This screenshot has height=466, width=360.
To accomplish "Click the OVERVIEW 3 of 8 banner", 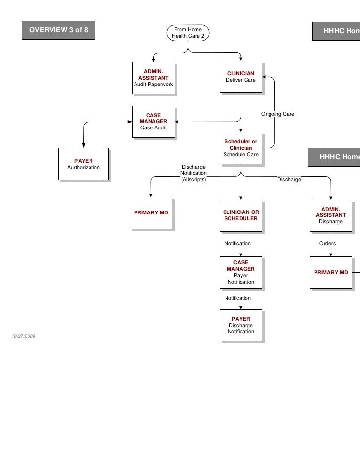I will [x=58, y=30].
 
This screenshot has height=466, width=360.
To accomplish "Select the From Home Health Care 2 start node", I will [x=188, y=33].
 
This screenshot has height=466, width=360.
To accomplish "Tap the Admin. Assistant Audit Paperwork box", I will [x=153, y=78].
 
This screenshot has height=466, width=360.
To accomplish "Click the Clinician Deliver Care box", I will [x=241, y=77].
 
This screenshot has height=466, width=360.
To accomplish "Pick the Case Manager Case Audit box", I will [x=153, y=122].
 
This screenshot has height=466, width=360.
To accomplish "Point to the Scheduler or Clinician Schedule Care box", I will [x=241, y=148].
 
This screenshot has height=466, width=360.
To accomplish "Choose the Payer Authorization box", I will [x=83, y=164].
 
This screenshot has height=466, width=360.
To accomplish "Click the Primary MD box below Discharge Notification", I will [x=151, y=212].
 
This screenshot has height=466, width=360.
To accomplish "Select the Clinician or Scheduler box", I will [x=241, y=215].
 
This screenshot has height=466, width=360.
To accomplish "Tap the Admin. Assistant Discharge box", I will [x=330, y=215].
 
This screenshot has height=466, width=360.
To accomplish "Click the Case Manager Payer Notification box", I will [x=241, y=272].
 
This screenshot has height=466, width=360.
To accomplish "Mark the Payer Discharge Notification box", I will [x=241, y=325].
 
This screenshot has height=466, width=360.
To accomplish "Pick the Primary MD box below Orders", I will [x=331, y=272].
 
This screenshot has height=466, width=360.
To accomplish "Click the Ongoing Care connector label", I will [x=277, y=114].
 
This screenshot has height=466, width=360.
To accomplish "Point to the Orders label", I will [x=327, y=244].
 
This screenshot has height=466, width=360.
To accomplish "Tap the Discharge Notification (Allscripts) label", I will [x=193, y=173].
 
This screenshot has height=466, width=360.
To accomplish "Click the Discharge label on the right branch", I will [x=289, y=180].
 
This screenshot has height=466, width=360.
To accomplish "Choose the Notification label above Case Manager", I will [x=237, y=244].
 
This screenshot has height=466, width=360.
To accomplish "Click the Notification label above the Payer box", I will [x=237, y=298].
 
